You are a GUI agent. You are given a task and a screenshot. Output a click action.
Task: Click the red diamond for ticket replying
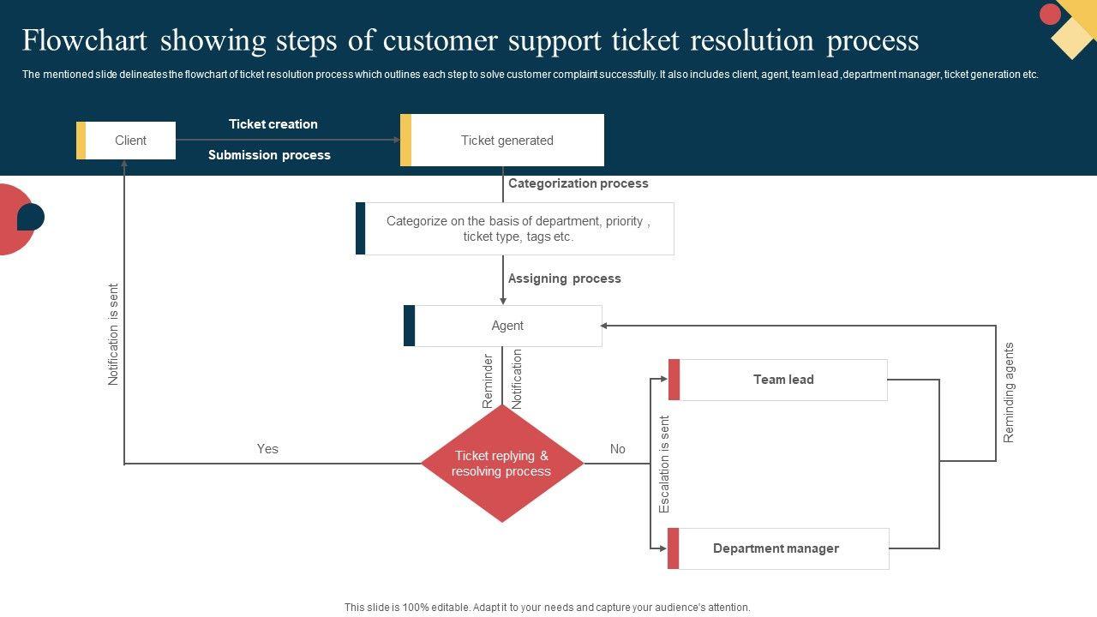(502, 464)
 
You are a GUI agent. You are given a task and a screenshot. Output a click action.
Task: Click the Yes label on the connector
(267, 449)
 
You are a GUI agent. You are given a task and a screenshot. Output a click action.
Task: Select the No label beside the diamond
(618, 449)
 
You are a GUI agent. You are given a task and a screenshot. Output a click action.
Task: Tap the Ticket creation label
(273, 124)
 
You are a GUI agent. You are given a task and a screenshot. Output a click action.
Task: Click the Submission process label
(269, 155)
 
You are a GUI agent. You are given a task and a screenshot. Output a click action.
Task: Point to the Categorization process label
(578, 183)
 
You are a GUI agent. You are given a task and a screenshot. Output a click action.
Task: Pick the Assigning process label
(565, 279)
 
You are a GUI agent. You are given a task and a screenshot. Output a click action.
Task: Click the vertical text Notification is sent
(114, 334)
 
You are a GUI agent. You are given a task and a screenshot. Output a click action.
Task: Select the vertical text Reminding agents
(1009, 392)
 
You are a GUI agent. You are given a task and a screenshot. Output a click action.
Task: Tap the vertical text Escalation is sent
(664, 464)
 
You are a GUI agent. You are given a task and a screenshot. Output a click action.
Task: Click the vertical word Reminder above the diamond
(488, 380)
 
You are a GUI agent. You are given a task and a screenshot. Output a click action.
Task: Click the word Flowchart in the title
(86, 40)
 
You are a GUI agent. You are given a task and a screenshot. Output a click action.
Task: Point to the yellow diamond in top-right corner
(1072, 38)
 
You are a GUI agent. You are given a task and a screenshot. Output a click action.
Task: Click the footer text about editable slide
(548, 608)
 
